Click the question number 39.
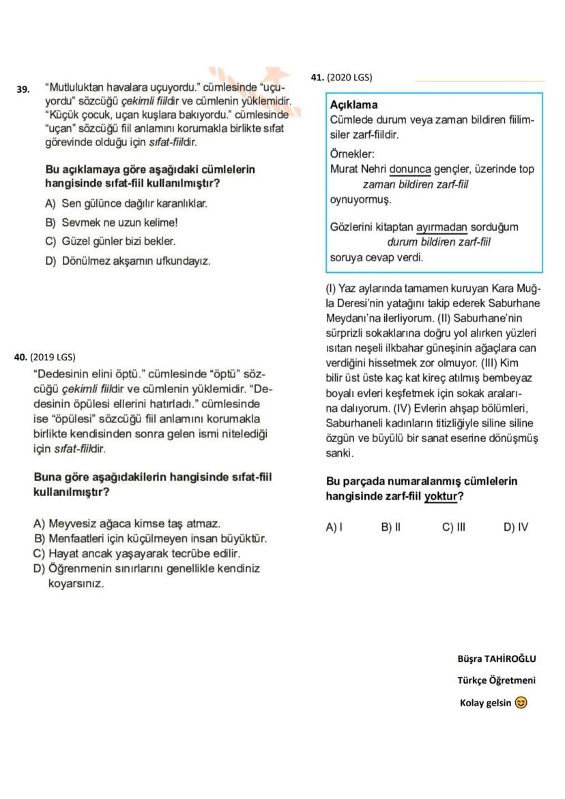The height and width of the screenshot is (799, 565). (23, 89)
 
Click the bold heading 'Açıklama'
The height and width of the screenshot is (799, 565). (353, 105)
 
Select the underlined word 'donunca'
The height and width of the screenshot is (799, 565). (410, 169)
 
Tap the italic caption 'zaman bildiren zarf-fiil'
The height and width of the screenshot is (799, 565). (415, 184)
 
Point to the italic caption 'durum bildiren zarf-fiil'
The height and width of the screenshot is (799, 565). (439, 242)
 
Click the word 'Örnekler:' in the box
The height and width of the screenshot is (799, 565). (352, 154)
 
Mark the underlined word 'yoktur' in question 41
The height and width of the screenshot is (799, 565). (441, 497)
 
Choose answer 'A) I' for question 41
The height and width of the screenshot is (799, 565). (334, 527)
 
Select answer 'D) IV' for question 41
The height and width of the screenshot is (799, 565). (515, 527)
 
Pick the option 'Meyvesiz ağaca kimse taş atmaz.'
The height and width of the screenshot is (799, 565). (126, 524)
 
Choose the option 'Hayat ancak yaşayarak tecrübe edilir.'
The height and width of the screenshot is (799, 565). (136, 553)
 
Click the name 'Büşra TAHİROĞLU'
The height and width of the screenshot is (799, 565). (496, 658)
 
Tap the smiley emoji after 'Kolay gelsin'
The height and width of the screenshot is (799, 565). (521, 703)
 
